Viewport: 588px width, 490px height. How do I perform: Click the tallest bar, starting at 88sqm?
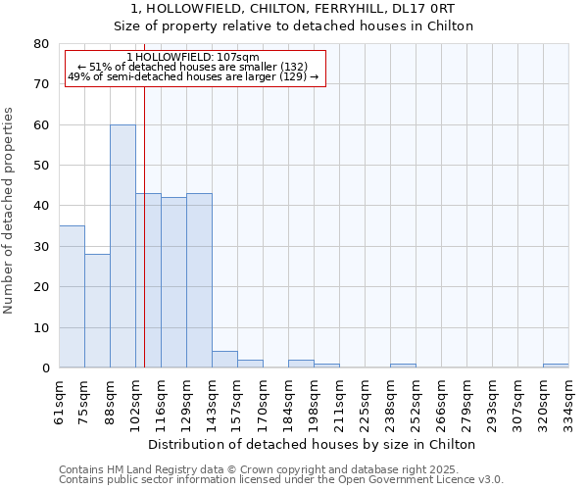pyautogui.click(x=122, y=246)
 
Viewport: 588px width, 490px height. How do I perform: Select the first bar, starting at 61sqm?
pyautogui.click(x=72, y=297)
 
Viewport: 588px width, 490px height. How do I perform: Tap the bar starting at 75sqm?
pyautogui.click(x=97, y=311)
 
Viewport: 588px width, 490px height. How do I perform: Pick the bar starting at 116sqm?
pyautogui.click(x=173, y=282)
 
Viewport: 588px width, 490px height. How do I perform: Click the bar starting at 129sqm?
pyautogui.click(x=199, y=280)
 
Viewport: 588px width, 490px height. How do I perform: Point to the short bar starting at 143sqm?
pyautogui.click(x=224, y=360)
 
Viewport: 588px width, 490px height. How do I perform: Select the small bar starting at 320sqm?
pyautogui.click(x=556, y=366)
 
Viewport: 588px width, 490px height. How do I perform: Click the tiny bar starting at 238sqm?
pyautogui.click(x=403, y=366)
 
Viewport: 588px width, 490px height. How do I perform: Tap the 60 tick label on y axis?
pyautogui.click(x=41, y=125)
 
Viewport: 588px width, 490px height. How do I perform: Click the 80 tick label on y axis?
pyautogui.click(x=41, y=44)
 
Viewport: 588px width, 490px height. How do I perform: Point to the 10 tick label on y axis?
pyautogui.click(x=41, y=328)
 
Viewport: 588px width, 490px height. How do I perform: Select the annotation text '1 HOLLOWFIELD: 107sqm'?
pyautogui.click(x=193, y=58)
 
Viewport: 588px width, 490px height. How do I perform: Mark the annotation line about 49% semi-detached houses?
pyautogui.click(x=193, y=76)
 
